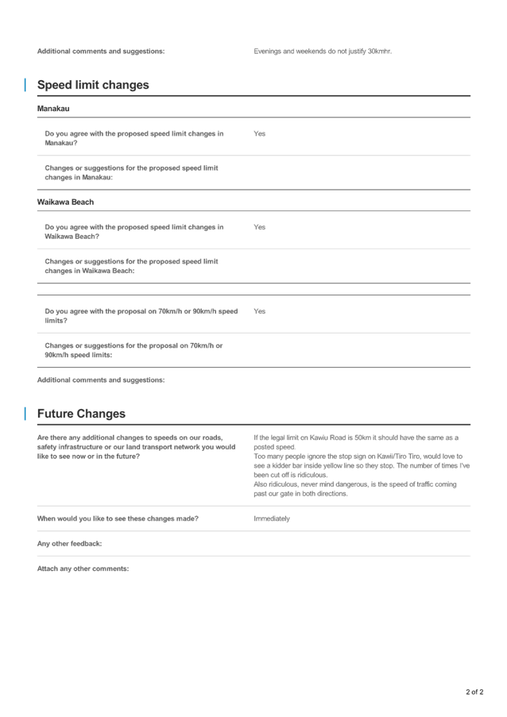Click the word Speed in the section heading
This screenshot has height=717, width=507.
[x=53, y=85]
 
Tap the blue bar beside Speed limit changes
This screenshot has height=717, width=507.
[x=25, y=85]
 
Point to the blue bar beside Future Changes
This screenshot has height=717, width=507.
[x=25, y=414]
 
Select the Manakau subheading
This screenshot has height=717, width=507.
[x=53, y=109]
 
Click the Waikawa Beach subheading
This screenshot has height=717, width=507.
[x=65, y=202]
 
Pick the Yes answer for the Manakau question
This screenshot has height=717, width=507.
[x=259, y=133]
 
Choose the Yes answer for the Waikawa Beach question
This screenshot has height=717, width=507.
[x=259, y=227]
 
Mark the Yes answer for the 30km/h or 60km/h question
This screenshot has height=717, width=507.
[x=259, y=311]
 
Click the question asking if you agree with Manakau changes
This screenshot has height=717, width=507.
[x=134, y=138]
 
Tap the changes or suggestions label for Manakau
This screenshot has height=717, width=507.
[x=131, y=172]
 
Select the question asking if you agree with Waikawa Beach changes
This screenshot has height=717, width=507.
[x=134, y=232]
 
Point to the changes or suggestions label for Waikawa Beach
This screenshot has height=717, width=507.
[x=131, y=266]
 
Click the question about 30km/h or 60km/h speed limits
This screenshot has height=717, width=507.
[x=141, y=316]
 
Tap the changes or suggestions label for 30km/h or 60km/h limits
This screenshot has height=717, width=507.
[x=134, y=350]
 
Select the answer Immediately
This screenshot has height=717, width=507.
[x=272, y=518]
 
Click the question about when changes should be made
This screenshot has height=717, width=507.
[x=118, y=518]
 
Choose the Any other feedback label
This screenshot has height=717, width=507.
[x=69, y=544]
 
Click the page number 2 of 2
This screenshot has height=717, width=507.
[x=474, y=692]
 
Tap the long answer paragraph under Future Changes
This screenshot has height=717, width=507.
[x=362, y=465]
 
